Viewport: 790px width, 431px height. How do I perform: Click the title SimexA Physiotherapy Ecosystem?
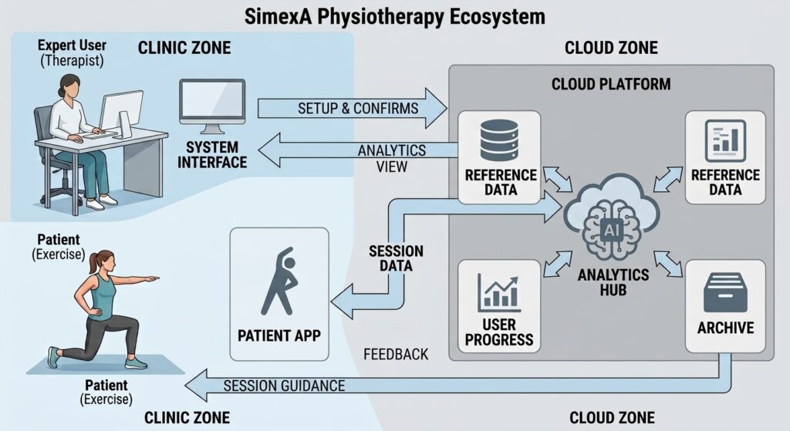click(394, 16)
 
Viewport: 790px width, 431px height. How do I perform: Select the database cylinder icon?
click(499, 140)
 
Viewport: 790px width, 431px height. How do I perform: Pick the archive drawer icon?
click(725, 293)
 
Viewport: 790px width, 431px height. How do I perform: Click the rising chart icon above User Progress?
click(499, 292)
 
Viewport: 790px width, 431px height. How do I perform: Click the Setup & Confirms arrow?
click(353, 108)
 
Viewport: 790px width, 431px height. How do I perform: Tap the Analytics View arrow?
click(358, 150)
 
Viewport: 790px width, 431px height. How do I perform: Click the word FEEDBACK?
click(396, 355)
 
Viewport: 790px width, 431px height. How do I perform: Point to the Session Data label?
click(396, 258)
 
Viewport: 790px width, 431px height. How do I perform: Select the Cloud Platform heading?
click(611, 84)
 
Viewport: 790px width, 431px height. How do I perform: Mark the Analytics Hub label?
click(613, 282)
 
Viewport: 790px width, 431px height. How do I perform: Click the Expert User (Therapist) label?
click(72, 53)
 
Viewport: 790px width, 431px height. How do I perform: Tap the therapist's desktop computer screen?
click(121, 112)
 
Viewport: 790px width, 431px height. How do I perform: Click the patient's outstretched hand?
click(152, 278)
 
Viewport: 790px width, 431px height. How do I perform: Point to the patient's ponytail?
click(93, 264)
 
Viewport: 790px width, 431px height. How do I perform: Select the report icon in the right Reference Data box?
click(725, 140)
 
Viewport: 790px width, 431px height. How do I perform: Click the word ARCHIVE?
click(725, 328)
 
